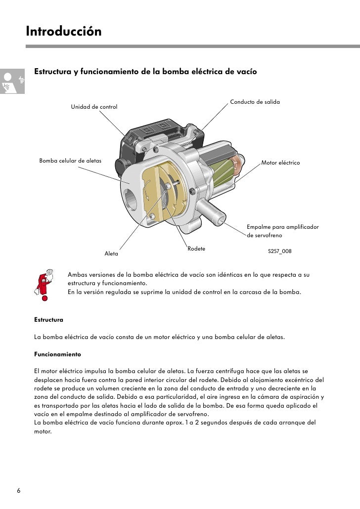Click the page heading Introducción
63,32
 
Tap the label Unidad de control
94,107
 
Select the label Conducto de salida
255,101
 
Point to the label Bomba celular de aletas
71,161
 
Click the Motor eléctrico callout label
280,163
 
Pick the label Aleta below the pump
111,254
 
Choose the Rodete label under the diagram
196,248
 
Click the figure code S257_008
279,251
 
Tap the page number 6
19,491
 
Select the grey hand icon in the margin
12,82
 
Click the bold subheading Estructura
48,320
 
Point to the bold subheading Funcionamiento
57,355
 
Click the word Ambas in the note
78,274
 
